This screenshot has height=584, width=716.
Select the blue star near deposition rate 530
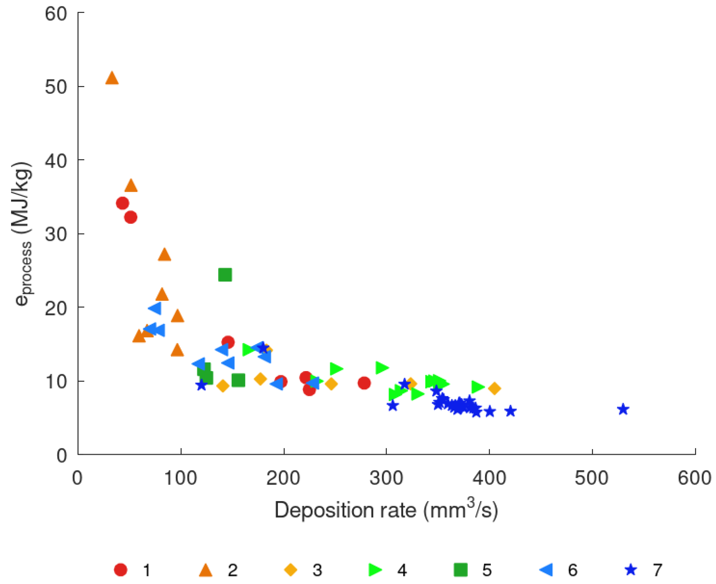click(x=623, y=409)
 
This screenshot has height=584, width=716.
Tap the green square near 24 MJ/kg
click(x=225, y=274)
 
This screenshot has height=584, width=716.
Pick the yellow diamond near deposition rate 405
click(x=494, y=388)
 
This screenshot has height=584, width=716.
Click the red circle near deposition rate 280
click(x=364, y=383)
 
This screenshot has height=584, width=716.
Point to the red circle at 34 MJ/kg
click(x=122, y=203)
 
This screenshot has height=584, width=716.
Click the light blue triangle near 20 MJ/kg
click(x=155, y=308)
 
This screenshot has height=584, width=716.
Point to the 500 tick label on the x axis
click(x=591, y=478)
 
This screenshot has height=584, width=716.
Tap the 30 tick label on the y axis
click(x=56, y=234)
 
